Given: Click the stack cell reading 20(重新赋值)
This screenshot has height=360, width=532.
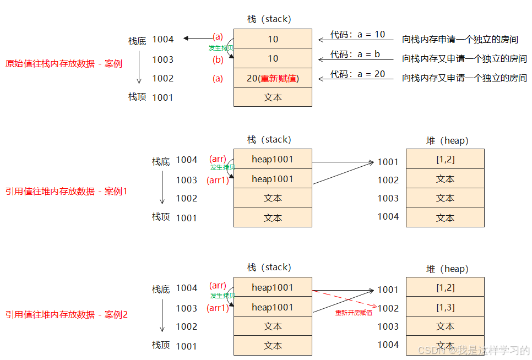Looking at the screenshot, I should pyautogui.click(x=273, y=78).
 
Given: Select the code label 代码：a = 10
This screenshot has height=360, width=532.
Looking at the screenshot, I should pyautogui.click(x=357, y=34).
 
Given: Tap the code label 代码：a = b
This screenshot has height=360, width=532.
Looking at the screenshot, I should pyautogui.click(x=355, y=54).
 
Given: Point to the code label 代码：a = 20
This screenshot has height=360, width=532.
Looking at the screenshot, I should pyautogui.click(x=357, y=74).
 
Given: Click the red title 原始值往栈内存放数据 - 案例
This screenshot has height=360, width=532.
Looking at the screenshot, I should pyautogui.click(x=63, y=63).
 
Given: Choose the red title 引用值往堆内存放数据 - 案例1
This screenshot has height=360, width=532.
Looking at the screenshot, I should pyautogui.click(x=66, y=192).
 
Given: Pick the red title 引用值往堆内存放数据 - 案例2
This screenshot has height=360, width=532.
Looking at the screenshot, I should pyautogui.click(x=66, y=315).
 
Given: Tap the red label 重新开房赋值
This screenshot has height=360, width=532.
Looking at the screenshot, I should pyautogui.click(x=354, y=313).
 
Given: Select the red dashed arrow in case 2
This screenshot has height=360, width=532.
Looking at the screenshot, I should pyautogui.click(x=344, y=298).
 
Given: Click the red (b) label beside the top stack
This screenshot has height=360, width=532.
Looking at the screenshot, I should pyautogui.click(x=218, y=59).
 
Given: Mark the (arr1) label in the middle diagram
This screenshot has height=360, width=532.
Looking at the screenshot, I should pyautogui.click(x=218, y=180).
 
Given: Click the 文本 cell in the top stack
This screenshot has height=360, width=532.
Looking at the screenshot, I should pyautogui.click(x=273, y=97).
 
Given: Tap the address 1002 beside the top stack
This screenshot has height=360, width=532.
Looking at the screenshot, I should pyautogui.click(x=163, y=78).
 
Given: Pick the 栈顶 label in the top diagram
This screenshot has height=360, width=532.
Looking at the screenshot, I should pyautogui.click(x=138, y=97).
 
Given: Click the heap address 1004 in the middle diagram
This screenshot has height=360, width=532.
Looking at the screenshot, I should pyautogui.click(x=388, y=216).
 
